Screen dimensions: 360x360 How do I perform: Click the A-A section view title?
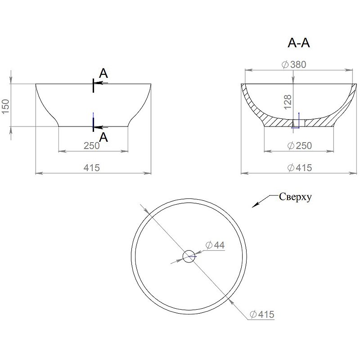299,43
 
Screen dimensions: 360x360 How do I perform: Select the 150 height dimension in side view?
6,106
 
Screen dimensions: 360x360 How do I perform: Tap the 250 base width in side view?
91,145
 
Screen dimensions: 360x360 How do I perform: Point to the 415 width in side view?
91,167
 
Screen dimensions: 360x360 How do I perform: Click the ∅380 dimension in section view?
294,65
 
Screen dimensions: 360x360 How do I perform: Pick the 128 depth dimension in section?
288,101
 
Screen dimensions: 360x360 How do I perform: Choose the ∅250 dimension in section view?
299,145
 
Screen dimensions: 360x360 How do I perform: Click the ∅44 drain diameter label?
215,245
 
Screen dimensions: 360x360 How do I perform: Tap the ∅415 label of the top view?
261,315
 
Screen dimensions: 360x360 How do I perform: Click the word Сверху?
296,197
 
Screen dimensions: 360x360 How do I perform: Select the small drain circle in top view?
188,256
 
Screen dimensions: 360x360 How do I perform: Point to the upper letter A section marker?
103,73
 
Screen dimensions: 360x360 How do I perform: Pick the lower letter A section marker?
103,138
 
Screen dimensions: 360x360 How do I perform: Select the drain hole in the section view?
296,123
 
